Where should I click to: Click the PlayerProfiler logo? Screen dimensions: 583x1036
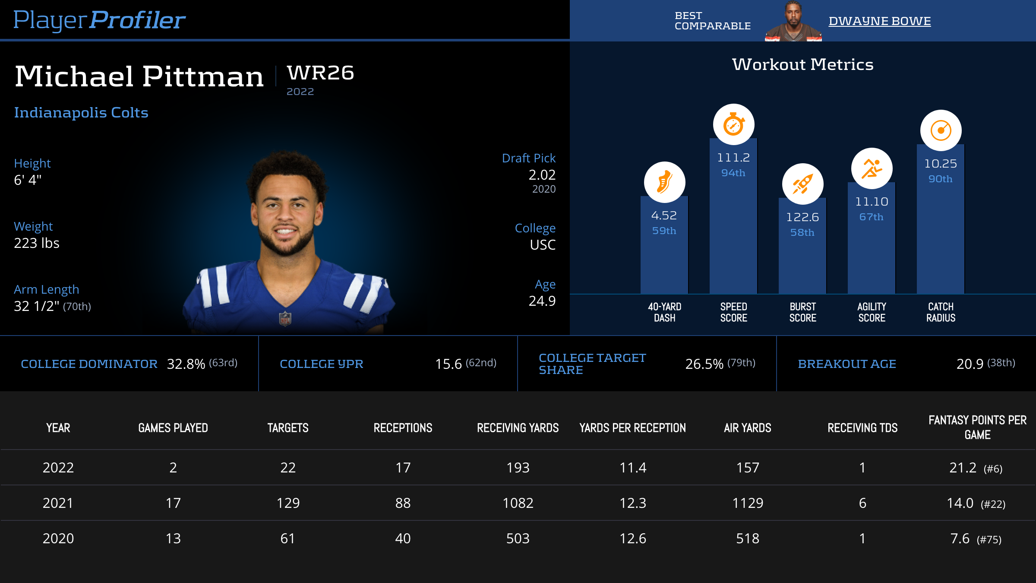(99, 20)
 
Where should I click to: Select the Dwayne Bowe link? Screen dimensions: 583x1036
(879, 21)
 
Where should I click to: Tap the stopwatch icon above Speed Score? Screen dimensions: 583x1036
(733, 125)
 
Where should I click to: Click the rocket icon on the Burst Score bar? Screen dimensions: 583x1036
(802, 184)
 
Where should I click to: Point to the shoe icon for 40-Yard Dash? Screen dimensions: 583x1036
(664, 182)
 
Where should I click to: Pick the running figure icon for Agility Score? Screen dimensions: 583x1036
(872, 168)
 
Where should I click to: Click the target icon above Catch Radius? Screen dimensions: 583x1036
(941, 130)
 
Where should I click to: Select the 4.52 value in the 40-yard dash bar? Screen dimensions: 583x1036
(664, 215)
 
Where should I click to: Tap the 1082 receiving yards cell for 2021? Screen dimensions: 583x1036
(518, 503)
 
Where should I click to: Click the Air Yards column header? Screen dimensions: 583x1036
(747, 428)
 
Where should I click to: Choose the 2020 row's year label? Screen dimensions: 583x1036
(58, 539)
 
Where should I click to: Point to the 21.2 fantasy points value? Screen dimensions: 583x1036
(963, 468)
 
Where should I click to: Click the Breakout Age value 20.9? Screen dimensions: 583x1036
(970, 364)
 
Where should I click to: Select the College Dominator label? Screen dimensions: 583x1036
(89, 364)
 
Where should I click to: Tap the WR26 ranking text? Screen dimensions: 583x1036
(320, 73)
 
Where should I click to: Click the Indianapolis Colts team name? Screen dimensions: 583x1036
(81, 113)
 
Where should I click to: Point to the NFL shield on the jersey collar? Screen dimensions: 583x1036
(285, 319)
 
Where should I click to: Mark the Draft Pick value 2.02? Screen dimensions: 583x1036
(542, 175)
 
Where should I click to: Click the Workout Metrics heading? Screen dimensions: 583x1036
(802, 65)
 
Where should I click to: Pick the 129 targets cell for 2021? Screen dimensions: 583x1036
(288, 503)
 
